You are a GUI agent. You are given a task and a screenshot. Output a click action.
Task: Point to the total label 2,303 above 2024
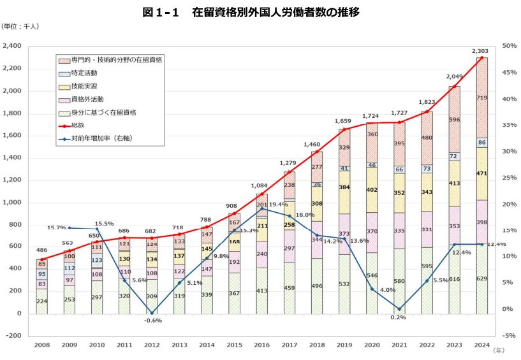(480, 50)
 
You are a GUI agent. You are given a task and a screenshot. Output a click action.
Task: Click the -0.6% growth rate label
(153, 320)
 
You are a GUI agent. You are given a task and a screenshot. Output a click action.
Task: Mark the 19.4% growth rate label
(278, 205)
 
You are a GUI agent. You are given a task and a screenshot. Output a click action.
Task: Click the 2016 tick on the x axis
(261, 345)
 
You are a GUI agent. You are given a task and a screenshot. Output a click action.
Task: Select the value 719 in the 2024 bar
(482, 97)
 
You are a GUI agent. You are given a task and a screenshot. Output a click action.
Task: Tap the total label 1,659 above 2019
(344, 121)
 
